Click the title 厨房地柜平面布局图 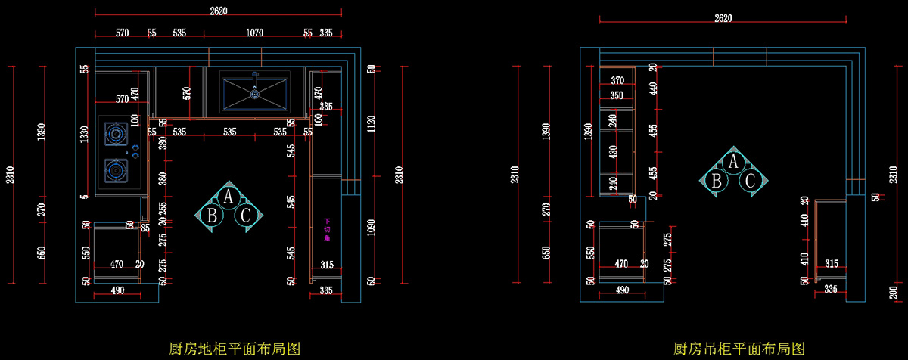tap(235, 349)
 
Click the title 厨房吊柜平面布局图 tap(740, 349)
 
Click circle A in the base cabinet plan tap(229, 197)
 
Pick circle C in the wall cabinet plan tap(750, 180)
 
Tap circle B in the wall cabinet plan tap(716, 180)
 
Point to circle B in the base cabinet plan tap(213, 216)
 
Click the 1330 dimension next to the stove tap(86, 135)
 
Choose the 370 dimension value tap(617, 81)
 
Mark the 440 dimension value tap(652, 88)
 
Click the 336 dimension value tap(831, 290)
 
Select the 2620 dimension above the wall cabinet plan tap(723, 18)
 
